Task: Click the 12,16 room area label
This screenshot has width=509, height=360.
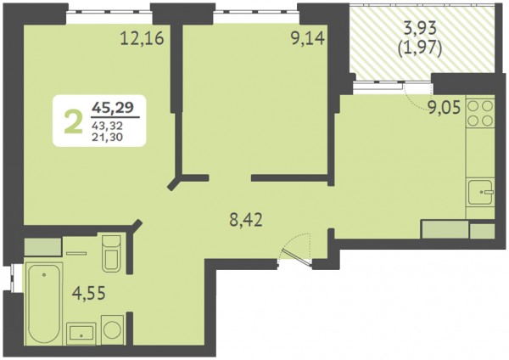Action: tap(143, 38)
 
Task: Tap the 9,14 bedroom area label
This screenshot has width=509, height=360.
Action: tap(308, 39)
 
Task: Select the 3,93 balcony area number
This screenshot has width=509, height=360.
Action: tap(420, 29)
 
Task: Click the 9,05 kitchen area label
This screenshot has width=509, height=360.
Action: tap(444, 108)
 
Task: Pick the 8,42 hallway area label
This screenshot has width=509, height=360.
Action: tap(246, 220)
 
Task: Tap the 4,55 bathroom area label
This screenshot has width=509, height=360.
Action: tap(89, 294)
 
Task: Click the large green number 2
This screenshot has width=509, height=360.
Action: tap(73, 121)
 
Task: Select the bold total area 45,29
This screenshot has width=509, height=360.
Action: tap(113, 107)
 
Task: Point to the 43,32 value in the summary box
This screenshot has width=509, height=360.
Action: tap(107, 125)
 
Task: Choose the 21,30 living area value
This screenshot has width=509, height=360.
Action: tap(107, 137)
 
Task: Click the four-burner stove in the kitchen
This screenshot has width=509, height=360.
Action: tap(480, 113)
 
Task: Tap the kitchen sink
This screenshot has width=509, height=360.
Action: tap(480, 193)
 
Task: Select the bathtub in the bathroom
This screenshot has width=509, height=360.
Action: tap(43, 303)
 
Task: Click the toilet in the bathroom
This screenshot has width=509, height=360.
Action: tap(111, 253)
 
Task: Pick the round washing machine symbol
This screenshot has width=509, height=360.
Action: tap(112, 329)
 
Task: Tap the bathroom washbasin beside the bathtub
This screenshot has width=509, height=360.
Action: tap(81, 334)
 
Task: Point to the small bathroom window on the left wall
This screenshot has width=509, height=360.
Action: tap(13, 278)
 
